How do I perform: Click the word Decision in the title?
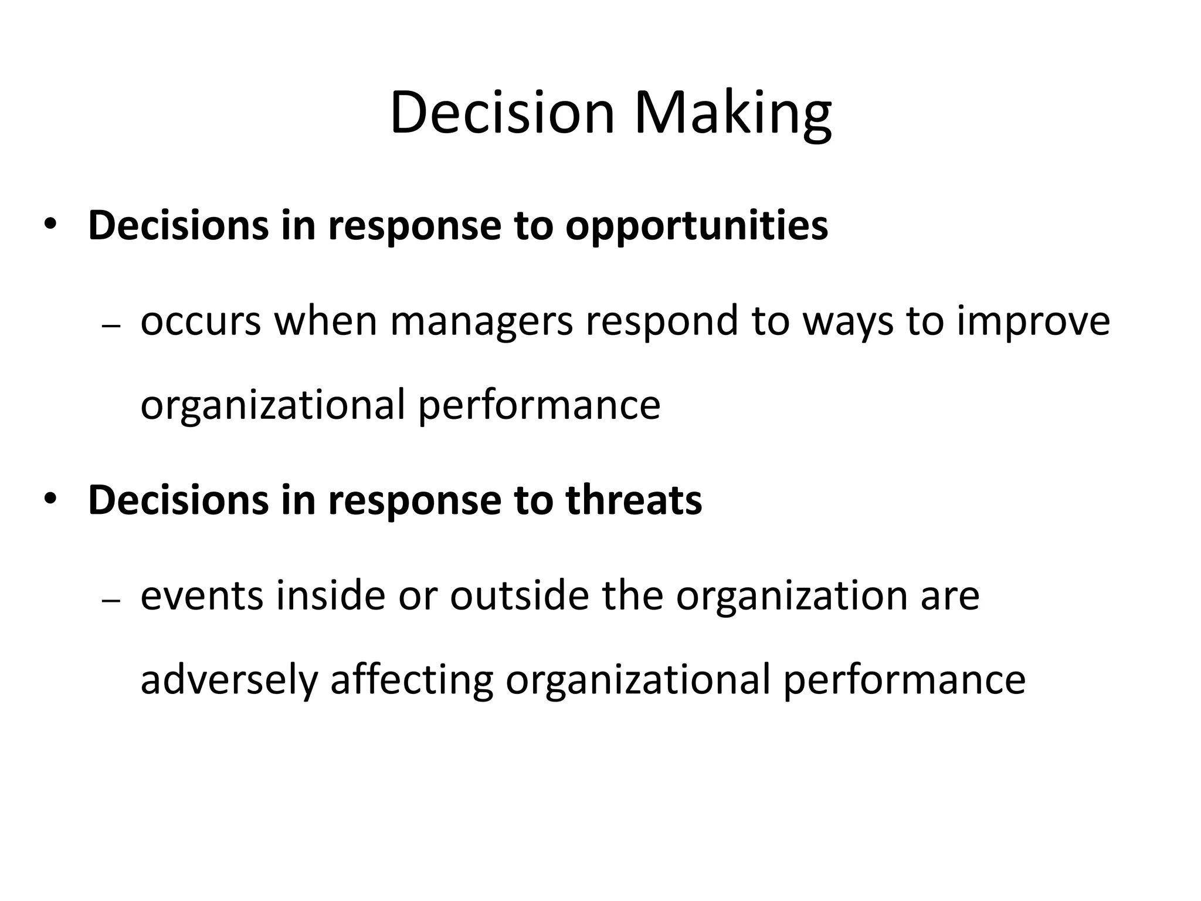tap(502, 113)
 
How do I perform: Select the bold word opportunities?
tap(697, 226)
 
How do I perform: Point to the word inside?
tap(330, 595)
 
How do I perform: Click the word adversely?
tap(229, 680)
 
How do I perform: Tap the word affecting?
tap(412, 680)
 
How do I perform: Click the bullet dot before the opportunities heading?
tap(50, 226)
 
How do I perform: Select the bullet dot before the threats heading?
tap(50, 500)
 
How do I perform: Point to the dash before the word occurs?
tap(111, 327)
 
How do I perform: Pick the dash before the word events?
tap(111, 601)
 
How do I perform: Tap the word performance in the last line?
tap(904, 680)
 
